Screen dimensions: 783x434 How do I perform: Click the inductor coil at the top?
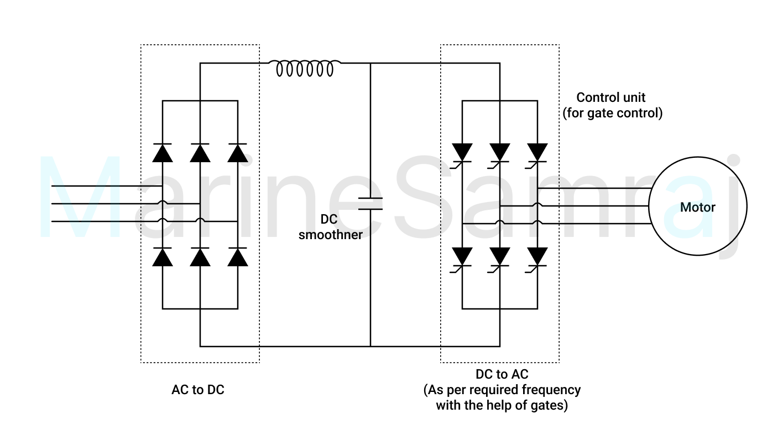coord(305,68)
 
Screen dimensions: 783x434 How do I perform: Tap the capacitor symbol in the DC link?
coord(370,204)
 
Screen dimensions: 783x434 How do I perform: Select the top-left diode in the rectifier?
coord(163,153)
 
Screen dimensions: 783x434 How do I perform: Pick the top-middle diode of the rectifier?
coord(200,153)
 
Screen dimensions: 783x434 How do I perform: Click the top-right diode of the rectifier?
coord(238,153)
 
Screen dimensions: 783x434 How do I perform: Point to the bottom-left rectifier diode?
coord(163,257)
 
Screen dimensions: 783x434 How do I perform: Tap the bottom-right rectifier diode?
coord(238,257)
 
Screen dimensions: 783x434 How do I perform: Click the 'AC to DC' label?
coord(198,390)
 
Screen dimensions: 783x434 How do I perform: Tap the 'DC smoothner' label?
coord(330,227)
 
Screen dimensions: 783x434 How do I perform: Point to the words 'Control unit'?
coord(610,97)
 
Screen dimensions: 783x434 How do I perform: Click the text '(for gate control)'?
coord(613,113)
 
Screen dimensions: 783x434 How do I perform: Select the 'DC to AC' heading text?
coord(502,374)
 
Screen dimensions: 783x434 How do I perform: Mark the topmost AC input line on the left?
coord(107,186)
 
